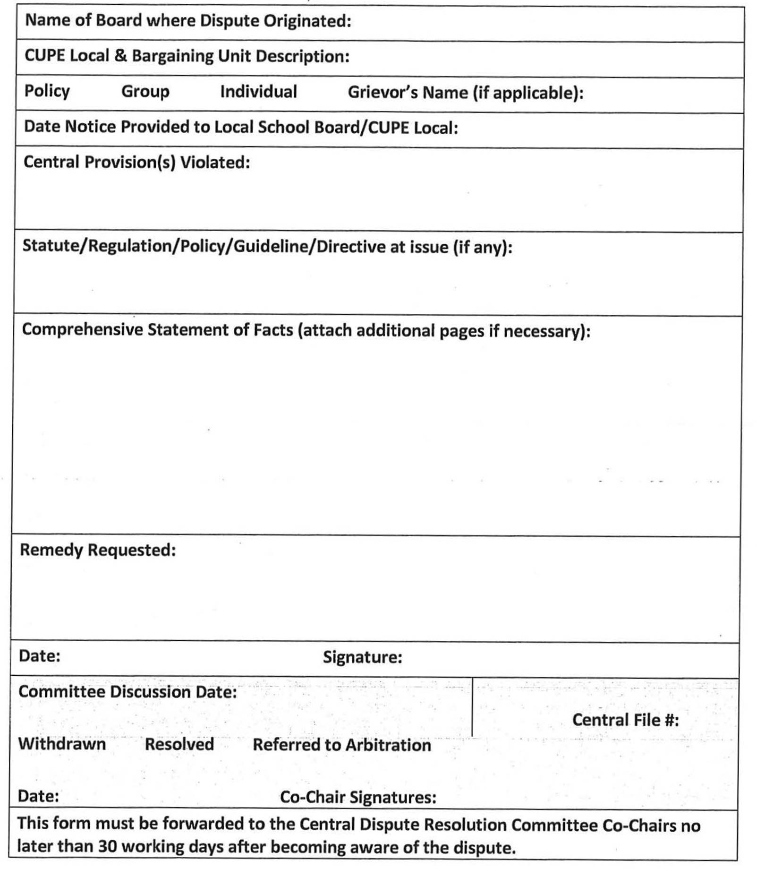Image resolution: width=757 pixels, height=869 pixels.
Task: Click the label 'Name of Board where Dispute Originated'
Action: pyautogui.click(x=188, y=21)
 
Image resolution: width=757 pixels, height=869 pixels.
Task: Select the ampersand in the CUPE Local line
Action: pyautogui.click(x=120, y=56)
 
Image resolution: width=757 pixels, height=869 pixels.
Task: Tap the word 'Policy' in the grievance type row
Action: pyautogui.click(x=47, y=91)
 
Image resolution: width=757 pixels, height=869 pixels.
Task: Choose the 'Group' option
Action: pyautogui.click(x=145, y=92)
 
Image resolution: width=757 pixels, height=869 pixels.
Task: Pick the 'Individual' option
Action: pyautogui.click(x=258, y=92)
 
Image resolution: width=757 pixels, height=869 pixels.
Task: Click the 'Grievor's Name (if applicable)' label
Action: pyautogui.click(x=465, y=93)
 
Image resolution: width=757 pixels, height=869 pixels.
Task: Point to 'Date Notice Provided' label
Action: pyautogui.click(x=241, y=127)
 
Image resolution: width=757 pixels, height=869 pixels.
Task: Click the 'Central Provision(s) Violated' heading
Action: pyautogui.click(x=136, y=163)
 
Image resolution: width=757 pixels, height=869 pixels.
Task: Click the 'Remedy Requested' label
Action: pyautogui.click(x=98, y=550)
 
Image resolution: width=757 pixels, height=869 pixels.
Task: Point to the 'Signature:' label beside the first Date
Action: pyautogui.click(x=362, y=657)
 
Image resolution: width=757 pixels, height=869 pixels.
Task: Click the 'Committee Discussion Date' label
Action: pyautogui.click(x=128, y=692)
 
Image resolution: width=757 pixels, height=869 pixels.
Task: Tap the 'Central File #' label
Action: pyautogui.click(x=625, y=720)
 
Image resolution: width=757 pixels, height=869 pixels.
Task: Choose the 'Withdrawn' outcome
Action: pyautogui.click(x=62, y=744)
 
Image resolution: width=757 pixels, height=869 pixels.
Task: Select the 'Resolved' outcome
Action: pyautogui.click(x=179, y=744)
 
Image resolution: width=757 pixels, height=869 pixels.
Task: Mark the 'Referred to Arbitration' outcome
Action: pyautogui.click(x=341, y=745)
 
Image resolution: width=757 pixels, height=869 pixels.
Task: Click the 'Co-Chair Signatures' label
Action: pyautogui.click(x=358, y=797)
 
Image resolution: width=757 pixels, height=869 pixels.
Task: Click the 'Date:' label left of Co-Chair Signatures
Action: pyautogui.click(x=38, y=796)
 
